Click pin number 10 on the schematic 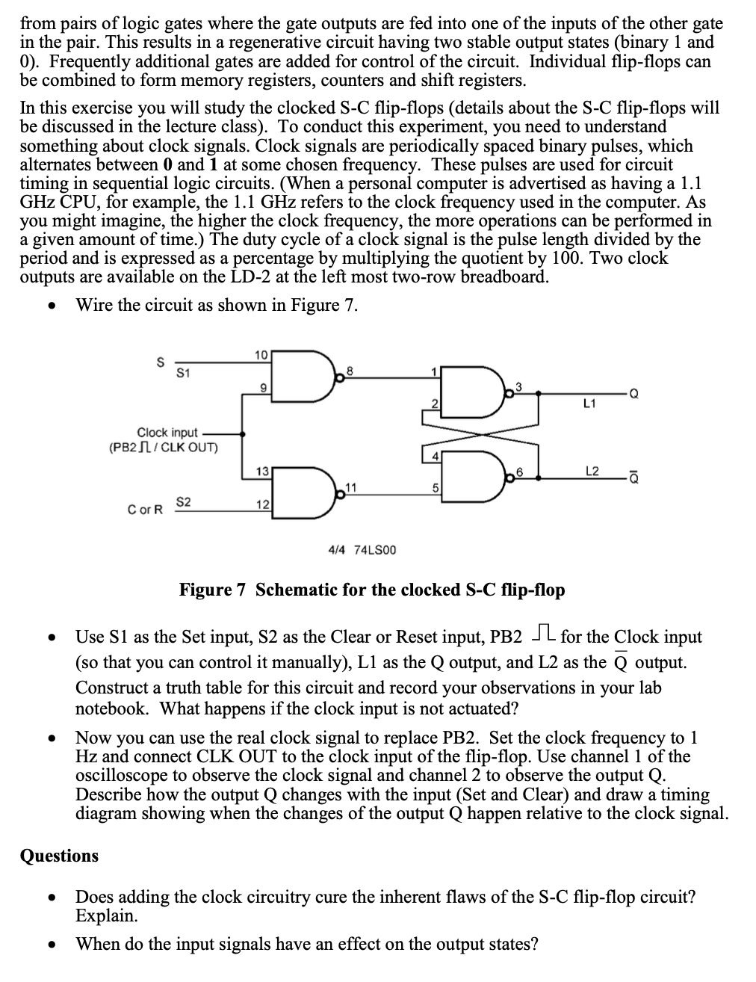(x=260, y=353)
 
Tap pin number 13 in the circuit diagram (x=261, y=471)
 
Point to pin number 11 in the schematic (x=348, y=488)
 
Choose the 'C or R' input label (x=144, y=510)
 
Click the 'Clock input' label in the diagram (x=167, y=433)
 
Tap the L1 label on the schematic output (x=589, y=404)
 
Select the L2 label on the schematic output (x=592, y=471)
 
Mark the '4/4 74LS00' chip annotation (x=362, y=550)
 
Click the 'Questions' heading (x=59, y=856)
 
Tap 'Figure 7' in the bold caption (x=212, y=590)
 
